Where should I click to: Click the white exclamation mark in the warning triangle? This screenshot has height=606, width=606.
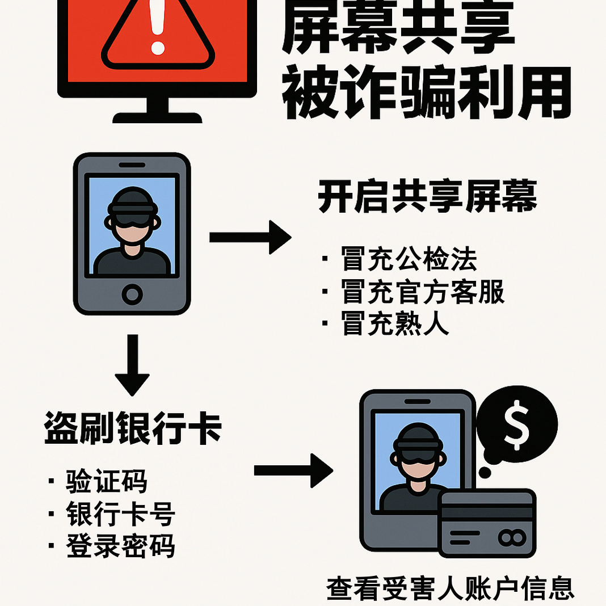(157, 27)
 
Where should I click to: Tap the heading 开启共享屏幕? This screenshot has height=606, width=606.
(427, 196)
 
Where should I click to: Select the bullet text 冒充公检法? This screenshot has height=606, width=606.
(409, 259)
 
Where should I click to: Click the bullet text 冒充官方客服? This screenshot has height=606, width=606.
(423, 292)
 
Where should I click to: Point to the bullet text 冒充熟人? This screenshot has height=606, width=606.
(394, 323)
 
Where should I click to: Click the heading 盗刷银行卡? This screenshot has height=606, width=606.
(133, 428)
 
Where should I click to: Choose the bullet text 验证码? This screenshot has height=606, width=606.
(107, 481)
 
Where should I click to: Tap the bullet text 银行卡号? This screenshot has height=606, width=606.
(121, 514)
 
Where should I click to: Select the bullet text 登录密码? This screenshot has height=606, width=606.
(121, 546)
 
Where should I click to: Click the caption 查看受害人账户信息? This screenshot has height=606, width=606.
(451, 588)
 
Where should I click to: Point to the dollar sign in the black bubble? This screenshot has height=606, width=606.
(517, 425)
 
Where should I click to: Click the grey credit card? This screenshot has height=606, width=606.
(487, 523)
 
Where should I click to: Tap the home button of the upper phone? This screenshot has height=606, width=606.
(132, 294)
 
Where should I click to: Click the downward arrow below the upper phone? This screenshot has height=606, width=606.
(132, 365)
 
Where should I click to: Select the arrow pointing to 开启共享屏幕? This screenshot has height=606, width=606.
(250, 237)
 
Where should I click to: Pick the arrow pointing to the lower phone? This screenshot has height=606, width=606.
(294, 470)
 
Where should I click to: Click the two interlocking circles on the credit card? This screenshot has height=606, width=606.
(512, 537)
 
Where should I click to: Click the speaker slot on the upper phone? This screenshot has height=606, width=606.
(132, 165)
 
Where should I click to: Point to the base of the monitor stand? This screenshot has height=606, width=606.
(157, 118)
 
